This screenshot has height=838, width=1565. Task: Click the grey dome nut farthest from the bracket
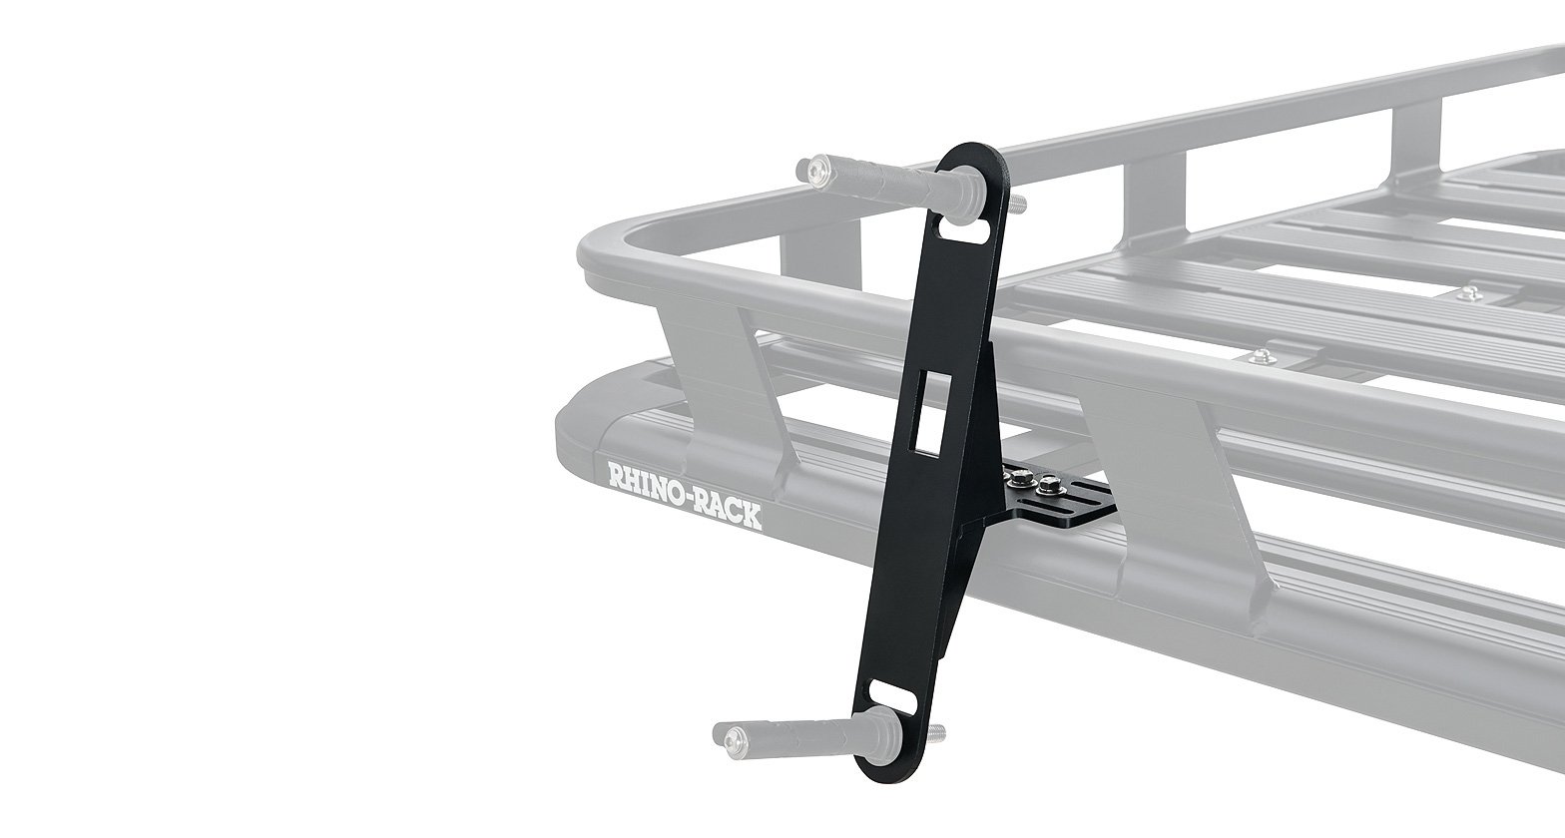click(1466, 291)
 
